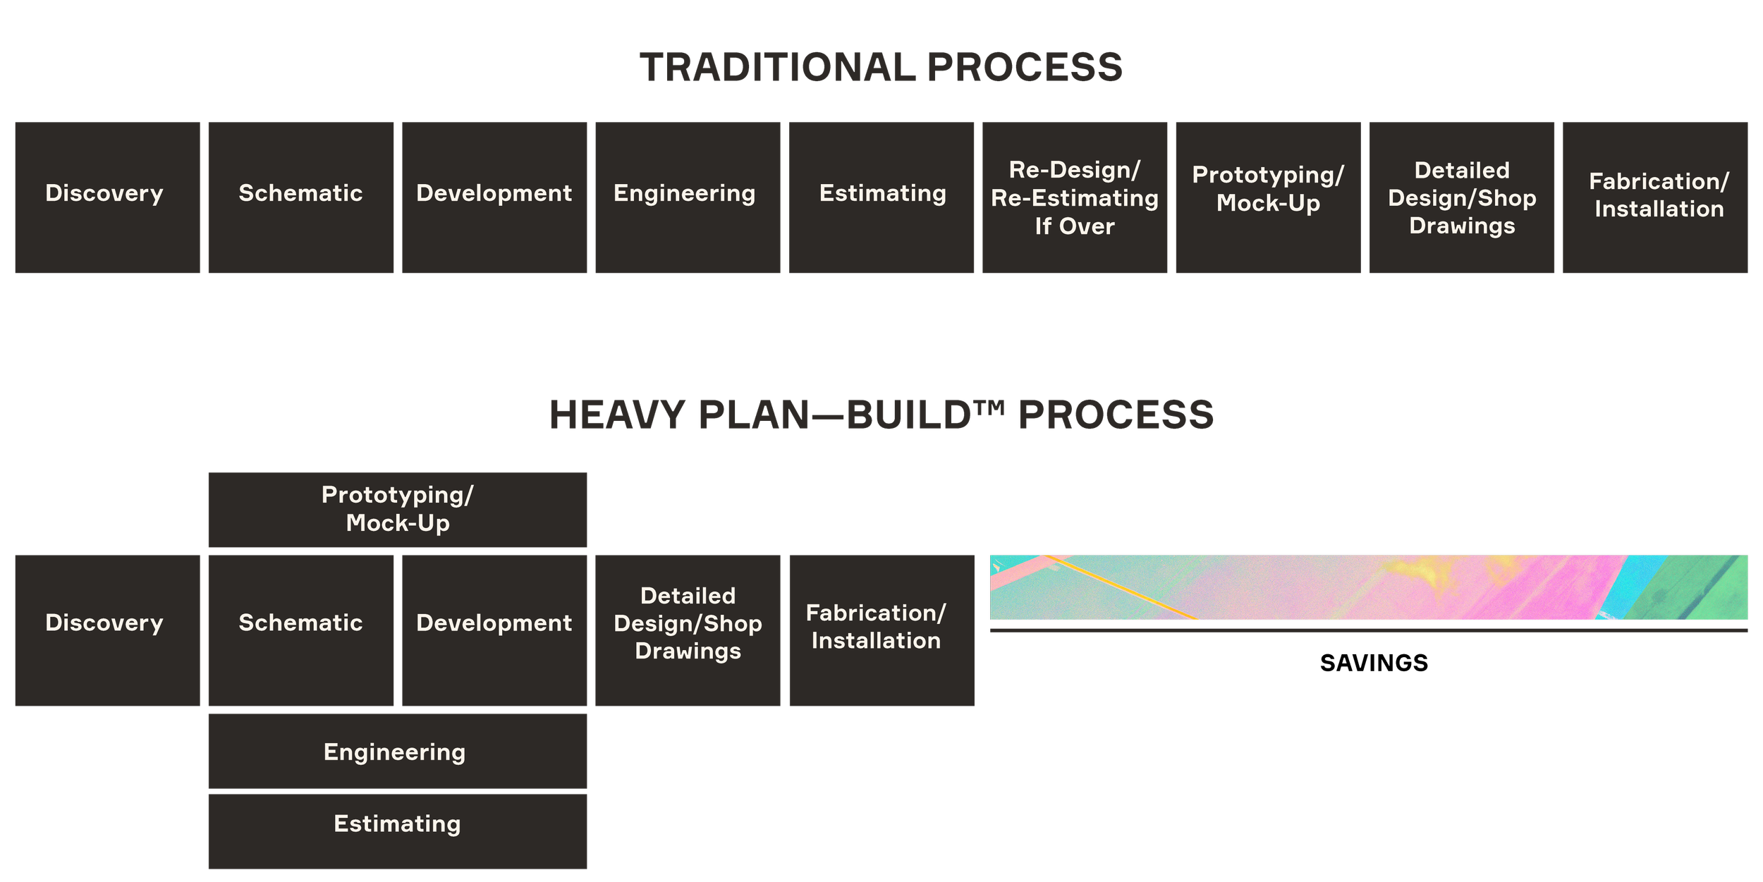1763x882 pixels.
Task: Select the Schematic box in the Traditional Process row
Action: tap(301, 197)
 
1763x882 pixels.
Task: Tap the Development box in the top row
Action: tap(494, 197)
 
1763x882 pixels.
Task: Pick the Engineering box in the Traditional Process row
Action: tap(688, 197)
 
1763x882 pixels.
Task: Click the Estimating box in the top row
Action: tap(882, 197)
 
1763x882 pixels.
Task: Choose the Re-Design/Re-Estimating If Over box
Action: tap(1075, 197)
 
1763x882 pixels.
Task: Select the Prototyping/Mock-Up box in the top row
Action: tap(1268, 197)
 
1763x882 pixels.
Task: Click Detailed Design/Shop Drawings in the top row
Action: tap(1462, 197)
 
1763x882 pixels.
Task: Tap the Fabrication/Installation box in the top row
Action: tap(1655, 197)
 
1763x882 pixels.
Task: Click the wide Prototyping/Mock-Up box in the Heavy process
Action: tap(398, 510)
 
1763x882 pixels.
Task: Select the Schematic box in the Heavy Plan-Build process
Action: tap(301, 630)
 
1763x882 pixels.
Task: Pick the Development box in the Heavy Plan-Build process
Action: tap(494, 630)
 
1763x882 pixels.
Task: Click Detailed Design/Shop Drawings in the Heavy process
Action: tap(688, 630)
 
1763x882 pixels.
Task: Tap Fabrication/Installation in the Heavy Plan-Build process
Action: tap(882, 630)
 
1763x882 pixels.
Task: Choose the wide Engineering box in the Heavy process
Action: tap(398, 752)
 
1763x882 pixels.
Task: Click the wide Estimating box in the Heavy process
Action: tap(398, 831)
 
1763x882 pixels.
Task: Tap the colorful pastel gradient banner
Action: tap(1369, 587)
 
